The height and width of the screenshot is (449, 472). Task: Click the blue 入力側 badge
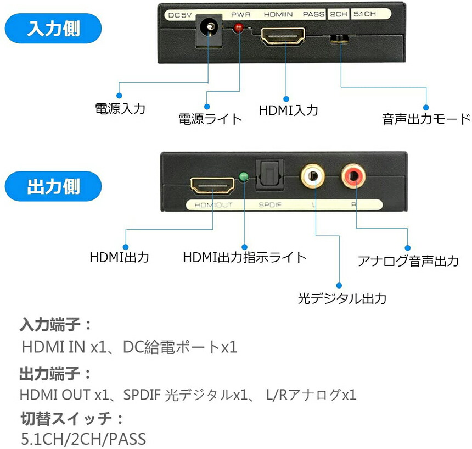53,28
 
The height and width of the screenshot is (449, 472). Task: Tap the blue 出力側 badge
53,186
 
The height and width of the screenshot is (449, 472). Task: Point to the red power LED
239,28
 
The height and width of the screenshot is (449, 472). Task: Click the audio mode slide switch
340,39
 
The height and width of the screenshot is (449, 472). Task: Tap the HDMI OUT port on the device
212,186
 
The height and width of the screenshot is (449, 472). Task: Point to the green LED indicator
244,178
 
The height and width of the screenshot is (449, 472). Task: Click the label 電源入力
120,108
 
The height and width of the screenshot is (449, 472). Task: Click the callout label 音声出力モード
426,119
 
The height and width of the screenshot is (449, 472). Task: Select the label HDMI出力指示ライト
244,257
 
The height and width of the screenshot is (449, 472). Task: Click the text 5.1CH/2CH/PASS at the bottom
83,439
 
